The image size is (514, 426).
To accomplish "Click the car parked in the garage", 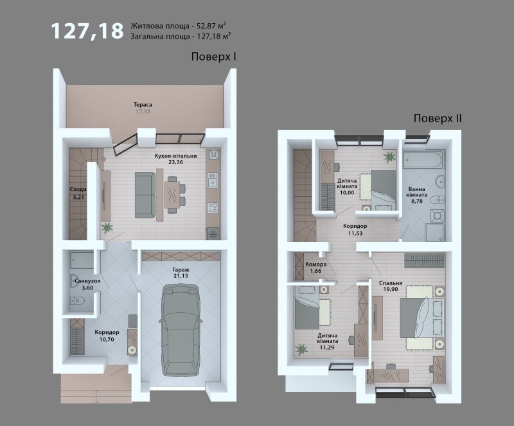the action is point(180,330).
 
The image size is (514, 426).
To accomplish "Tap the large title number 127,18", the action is point(87,31).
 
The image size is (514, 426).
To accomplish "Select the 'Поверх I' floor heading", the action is point(214,57).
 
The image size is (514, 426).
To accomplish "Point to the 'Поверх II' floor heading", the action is point(438,118).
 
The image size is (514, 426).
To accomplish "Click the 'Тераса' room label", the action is point(143,105).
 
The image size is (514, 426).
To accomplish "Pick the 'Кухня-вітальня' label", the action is point(175,156).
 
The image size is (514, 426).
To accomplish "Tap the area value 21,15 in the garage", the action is point(181,276).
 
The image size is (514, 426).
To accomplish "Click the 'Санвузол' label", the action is point(87,281).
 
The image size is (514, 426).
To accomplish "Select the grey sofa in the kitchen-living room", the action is point(145,195).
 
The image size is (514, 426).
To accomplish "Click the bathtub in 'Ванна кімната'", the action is point(424,161).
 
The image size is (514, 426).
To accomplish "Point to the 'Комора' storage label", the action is point(315,264).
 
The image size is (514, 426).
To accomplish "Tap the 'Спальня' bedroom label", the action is point(391,283).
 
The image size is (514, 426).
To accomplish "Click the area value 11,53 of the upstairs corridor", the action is point(355,234).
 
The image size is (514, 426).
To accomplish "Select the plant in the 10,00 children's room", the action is point(389,156).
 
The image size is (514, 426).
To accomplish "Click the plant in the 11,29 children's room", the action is point(301,349).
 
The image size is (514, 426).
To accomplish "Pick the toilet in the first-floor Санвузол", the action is point(78,301).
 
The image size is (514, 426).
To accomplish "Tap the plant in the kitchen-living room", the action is point(107,227).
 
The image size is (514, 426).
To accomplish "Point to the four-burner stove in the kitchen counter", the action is point(213,207).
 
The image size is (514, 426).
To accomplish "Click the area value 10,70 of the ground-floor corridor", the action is point(107,339).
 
